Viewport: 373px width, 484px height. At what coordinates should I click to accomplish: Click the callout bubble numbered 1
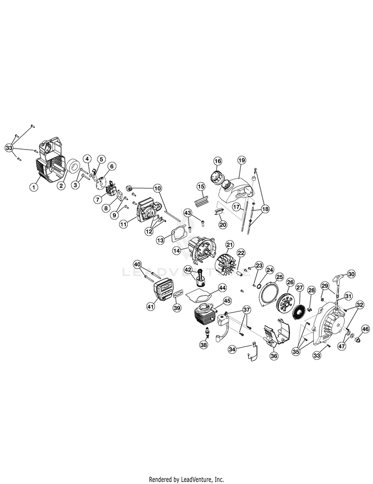34,187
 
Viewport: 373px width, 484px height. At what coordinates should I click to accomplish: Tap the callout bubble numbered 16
218,161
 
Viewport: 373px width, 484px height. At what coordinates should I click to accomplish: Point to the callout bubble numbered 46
366,329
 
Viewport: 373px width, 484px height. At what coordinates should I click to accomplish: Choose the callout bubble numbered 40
137,265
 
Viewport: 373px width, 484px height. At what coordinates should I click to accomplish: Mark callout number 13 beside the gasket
161,240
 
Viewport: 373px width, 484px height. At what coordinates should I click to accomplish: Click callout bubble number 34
232,349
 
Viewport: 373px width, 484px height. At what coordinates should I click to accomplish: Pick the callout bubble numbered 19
242,160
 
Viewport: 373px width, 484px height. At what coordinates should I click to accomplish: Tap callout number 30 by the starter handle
352,274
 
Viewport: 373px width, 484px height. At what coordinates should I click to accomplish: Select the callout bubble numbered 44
222,288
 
